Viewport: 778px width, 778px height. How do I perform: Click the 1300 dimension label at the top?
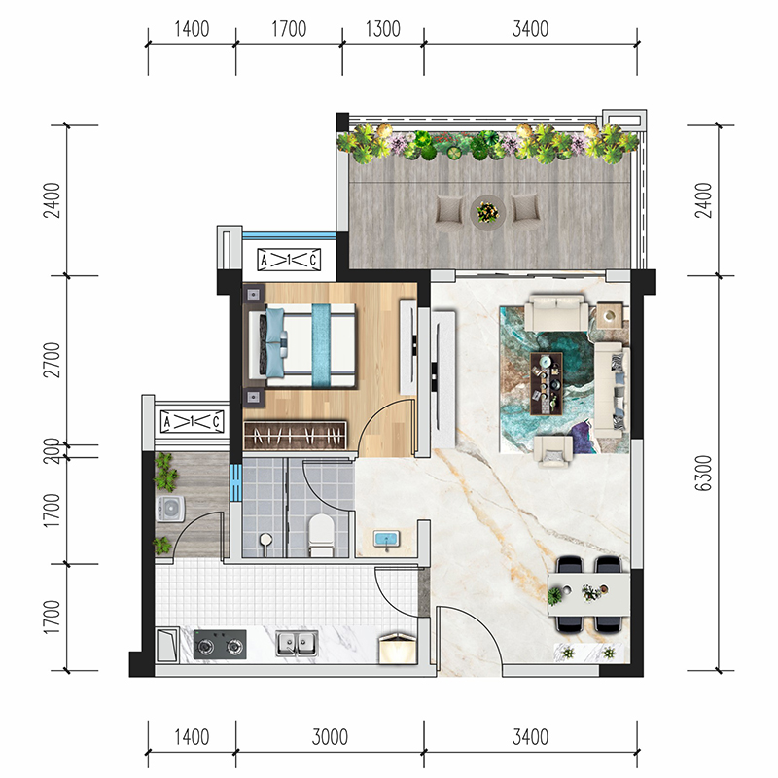(x=382, y=29)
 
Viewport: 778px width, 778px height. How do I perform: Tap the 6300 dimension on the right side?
(x=703, y=473)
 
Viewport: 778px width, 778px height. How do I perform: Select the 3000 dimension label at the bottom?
(x=330, y=737)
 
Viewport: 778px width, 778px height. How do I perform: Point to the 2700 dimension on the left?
(x=52, y=360)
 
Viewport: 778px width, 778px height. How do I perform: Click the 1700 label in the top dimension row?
(x=288, y=29)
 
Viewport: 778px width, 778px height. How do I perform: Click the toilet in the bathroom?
(x=321, y=535)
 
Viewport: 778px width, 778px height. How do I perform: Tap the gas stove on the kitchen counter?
(x=220, y=645)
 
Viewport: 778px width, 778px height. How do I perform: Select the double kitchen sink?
(x=297, y=644)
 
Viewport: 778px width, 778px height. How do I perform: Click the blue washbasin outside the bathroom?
(x=386, y=540)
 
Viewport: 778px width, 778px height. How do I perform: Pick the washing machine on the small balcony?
(x=171, y=509)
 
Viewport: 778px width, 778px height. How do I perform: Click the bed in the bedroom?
(x=302, y=345)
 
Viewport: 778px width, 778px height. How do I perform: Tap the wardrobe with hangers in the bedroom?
(x=296, y=436)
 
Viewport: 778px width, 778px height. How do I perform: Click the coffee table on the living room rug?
(x=547, y=383)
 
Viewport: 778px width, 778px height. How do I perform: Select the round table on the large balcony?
(x=488, y=213)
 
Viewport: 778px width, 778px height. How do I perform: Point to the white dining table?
(x=588, y=594)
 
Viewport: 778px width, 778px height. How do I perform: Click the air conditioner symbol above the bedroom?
(x=289, y=260)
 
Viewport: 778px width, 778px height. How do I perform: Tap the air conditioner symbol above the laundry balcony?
(x=193, y=422)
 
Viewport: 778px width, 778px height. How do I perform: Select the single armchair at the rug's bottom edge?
(x=552, y=451)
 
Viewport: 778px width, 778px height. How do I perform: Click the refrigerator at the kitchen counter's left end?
(x=166, y=645)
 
